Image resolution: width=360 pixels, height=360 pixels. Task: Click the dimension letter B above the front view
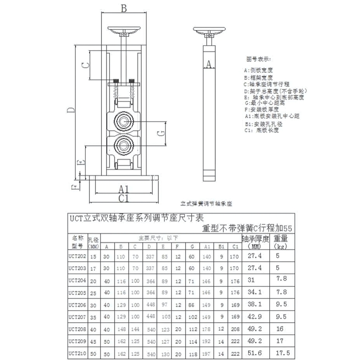(x=124, y=8)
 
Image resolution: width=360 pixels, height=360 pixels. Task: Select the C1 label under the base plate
(x=124, y=198)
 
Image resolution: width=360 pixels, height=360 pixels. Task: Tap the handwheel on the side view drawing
(x=209, y=30)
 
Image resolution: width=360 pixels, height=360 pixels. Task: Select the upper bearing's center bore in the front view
(x=124, y=122)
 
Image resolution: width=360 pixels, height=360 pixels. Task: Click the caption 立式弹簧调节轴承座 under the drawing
(x=206, y=204)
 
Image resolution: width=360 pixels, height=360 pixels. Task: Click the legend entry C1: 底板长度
(x=261, y=130)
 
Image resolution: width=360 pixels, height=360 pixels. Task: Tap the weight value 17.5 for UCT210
(x=283, y=353)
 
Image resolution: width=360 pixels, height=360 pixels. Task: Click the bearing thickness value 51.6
(x=255, y=353)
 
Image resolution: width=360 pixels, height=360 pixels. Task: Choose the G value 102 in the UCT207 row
(x=193, y=317)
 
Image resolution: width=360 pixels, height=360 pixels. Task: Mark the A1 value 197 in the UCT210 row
(x=207, y=354)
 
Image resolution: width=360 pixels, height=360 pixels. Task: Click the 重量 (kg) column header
(x=280, y=242)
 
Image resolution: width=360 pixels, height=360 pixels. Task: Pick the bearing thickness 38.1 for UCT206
(x=255, y=305)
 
